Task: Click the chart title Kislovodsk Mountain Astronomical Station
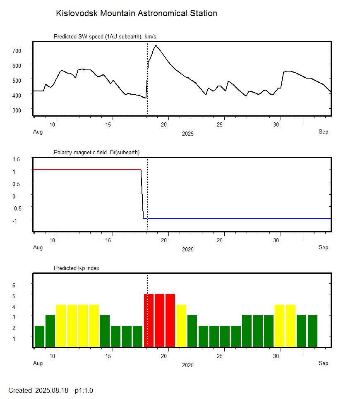[136, 13]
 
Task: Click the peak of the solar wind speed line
[156, 45]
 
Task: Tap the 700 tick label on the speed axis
[17, 50]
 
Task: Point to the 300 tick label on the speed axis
[17, 110]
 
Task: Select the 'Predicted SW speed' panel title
[105, 37]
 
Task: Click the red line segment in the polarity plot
[87, 170]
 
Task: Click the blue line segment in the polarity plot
[240, 218]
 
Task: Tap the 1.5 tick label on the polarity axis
[17, 159]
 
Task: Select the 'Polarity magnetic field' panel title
[96, 153]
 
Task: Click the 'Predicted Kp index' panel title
[77, 268]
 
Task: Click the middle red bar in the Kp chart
[159, 320]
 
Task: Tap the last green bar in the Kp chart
[312, 331]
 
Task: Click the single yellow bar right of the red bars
[181, 326]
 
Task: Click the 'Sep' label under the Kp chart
[323, 363]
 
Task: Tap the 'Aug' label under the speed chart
[38, 132]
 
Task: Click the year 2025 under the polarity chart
[187, 249]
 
